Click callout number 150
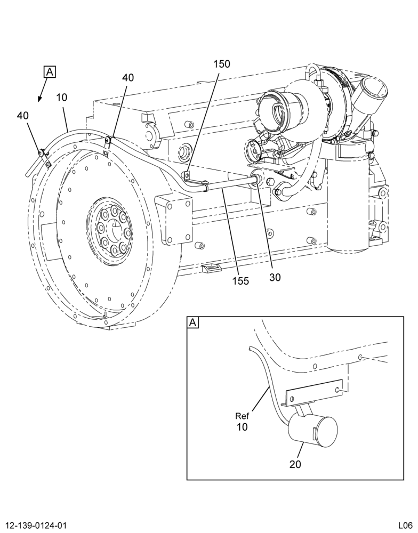pos(222,64)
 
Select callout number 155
pos(241,281)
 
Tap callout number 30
pos(275,277)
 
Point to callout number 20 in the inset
pos(295,464)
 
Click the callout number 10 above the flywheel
pos(62,98)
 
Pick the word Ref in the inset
pos(242,416)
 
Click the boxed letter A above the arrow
pos(50,72)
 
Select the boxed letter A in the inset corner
pos(193,322)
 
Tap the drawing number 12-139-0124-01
pos(34,526)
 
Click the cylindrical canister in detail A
pos(312,429)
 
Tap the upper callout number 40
pos(128,77)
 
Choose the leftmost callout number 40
pos(23,116)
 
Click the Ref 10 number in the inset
pos(242,427)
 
